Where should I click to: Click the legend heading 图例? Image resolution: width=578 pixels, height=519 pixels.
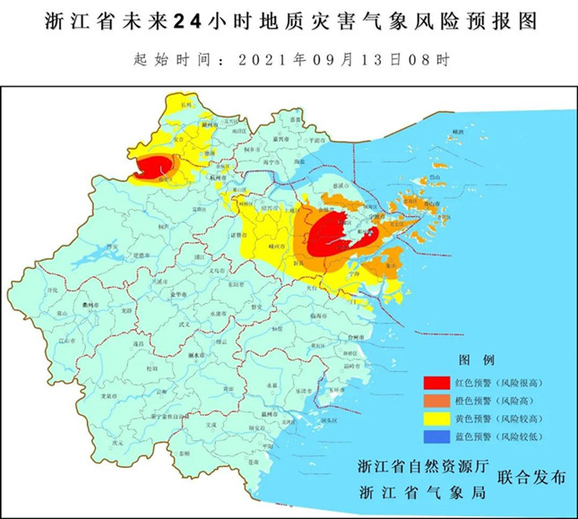476,360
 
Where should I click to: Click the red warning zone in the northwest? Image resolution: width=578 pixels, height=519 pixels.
154,167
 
